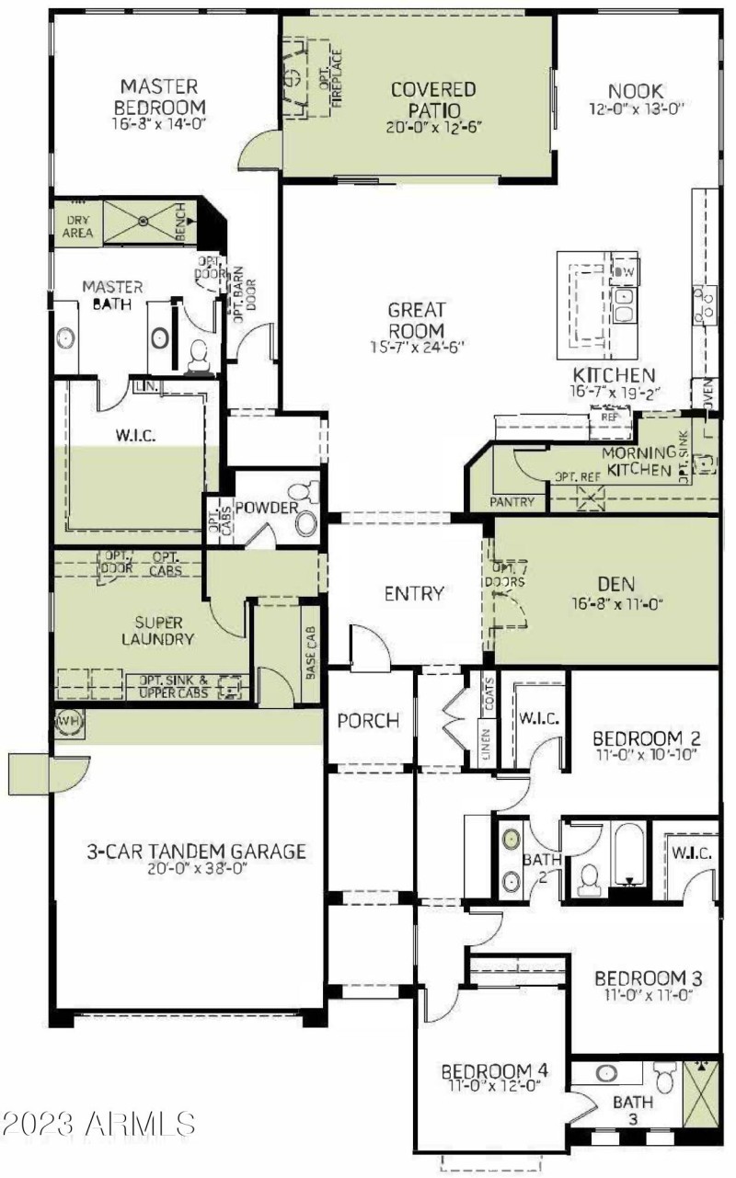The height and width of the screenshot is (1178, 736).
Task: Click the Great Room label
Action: tap(416, 320)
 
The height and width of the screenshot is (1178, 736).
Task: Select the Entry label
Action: tap(414, 594)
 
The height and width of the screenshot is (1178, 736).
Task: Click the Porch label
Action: tap(368, 721)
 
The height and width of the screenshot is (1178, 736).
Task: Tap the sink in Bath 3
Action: tap(606, 1073)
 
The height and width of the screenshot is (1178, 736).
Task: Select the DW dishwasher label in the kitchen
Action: tap(625, 271)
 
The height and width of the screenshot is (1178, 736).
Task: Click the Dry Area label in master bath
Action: tap(78, 226)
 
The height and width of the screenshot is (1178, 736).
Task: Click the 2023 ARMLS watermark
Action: tap(99, 1123)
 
